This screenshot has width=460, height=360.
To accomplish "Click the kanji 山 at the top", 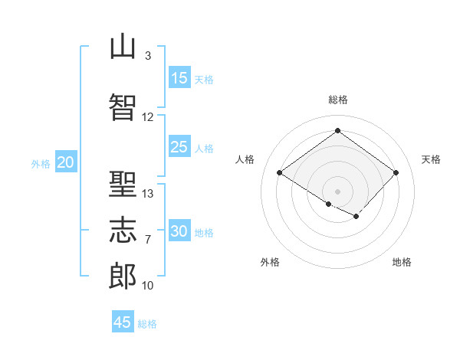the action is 123,47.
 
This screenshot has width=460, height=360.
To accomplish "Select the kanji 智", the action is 123,107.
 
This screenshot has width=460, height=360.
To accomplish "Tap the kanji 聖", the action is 123,184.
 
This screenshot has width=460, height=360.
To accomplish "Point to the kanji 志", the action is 123,230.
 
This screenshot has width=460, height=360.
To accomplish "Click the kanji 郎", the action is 123,276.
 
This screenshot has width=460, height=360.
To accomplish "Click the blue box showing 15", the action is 179,77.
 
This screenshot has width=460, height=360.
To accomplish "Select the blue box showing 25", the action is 179,146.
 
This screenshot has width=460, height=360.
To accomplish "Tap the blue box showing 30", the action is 179,230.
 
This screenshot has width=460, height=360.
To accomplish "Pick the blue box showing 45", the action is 123,321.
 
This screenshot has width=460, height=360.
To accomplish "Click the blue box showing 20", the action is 66,162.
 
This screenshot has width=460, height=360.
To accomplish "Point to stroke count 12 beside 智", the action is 147,117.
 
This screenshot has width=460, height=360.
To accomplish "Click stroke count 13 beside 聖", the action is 147,194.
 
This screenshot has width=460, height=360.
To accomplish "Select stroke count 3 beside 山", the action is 148,56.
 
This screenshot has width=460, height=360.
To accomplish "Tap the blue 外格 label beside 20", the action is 41,164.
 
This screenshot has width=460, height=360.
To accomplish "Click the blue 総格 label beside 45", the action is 147,324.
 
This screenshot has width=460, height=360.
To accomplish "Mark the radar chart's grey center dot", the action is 337,191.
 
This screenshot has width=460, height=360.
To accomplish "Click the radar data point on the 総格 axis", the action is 337,130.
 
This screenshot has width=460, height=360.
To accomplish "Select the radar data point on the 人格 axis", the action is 280,172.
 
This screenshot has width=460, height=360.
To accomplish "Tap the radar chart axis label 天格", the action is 431,159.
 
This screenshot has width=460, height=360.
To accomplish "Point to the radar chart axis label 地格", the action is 402,262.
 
